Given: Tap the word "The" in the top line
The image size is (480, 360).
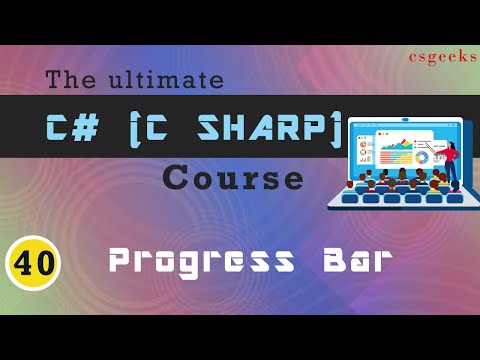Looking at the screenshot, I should [x=73, y=79].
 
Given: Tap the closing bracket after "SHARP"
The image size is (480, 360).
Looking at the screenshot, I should [x=336, y=129].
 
